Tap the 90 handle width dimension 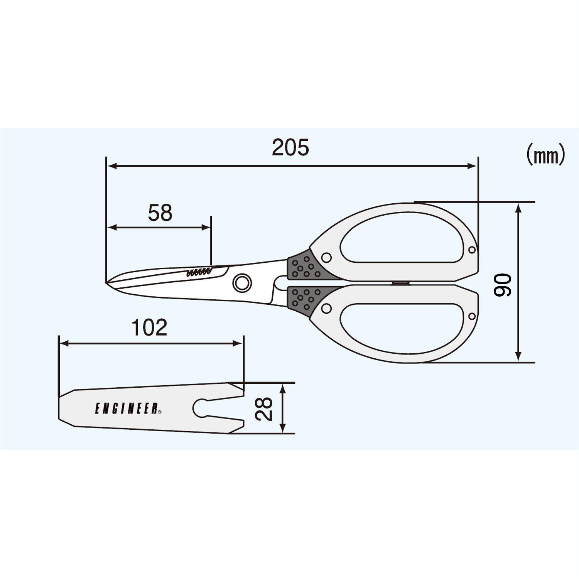click(x=503, y=285)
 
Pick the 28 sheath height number click(x=264, y=409)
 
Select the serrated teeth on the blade click(x=199, y=272)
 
